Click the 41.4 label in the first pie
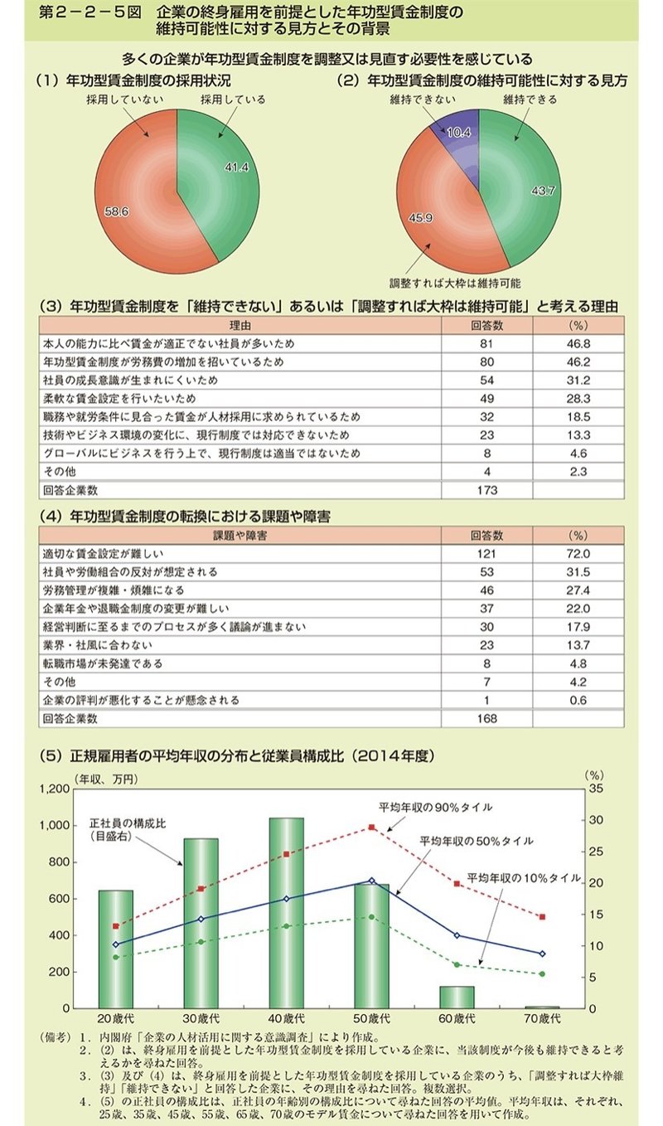tap(236, 167)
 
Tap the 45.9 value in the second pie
tap(420, 218)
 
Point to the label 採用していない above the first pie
tap(125, 99)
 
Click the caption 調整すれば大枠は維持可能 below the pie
tap(455, 283)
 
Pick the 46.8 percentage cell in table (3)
tap(578, 344)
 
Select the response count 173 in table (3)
tap(486, 489)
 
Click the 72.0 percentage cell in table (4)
tap(578, 553)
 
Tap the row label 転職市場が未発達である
tap(103, 663)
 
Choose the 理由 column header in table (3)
tap(240, 325)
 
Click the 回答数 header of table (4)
tap(486, 536)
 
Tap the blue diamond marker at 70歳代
tap(543, 954)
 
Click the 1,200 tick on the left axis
tap(54, 789)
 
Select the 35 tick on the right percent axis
tap(596, 789)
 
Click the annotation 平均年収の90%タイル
tap(435, 808)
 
